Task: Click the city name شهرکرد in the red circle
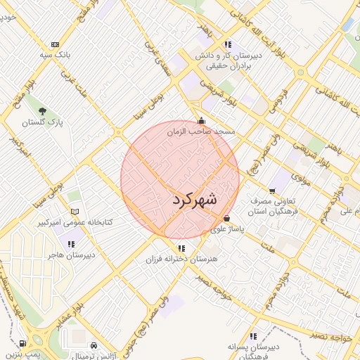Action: coord(195,200)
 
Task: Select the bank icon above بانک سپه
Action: coord(56,44)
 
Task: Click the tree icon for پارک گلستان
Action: coord(42,111)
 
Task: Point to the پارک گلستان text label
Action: coord(42,123)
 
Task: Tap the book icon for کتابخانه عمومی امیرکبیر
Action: coord(75,212)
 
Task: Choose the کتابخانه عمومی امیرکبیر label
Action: coord(75,223)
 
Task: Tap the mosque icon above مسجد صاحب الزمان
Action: coord(202,120)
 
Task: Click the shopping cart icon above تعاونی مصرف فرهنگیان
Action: coord(272,190)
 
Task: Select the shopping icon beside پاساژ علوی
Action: coord(226,218)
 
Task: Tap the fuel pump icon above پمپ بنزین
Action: coord(22,344)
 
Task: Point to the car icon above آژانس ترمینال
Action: coord(94,345)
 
